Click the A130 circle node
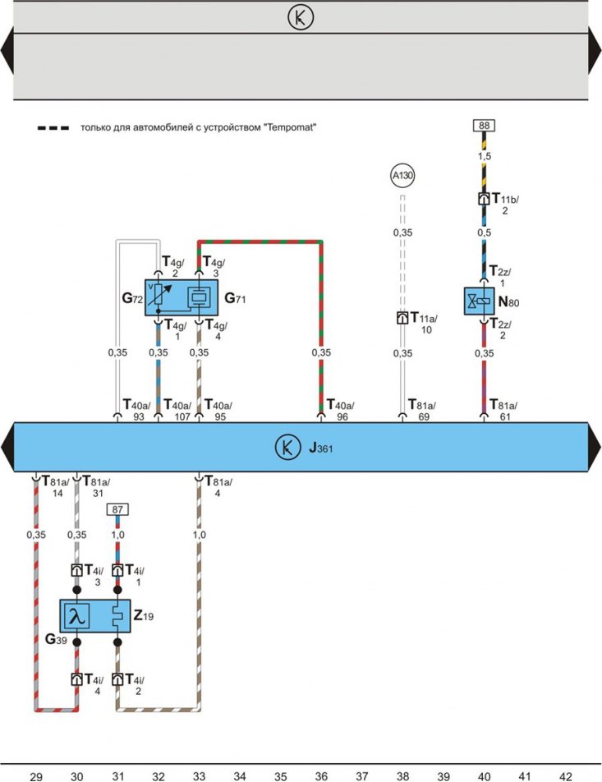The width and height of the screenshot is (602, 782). tap(402, 176)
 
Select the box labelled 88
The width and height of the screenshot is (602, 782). tap(484, 125)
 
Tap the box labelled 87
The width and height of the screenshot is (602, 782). tap(117, 509)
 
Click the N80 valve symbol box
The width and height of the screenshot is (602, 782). tap(480, 301)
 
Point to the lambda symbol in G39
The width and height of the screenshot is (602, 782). tap(77, 616)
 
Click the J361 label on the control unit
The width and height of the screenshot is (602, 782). tap(320, 448)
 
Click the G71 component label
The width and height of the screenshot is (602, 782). tap(235, 298)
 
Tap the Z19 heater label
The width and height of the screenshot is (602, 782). tap(144, 616)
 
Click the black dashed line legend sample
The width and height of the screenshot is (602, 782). tap(53, 128)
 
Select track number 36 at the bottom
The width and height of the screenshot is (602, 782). tap(321, 776)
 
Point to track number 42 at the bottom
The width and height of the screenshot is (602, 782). tap(566, 776)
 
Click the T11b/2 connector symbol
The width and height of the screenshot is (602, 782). tap(484, 199)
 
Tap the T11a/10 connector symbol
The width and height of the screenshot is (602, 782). tap(402, 318)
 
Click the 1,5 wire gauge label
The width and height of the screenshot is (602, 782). tap(485, 156)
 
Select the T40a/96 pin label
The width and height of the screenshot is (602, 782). tap(341, 410)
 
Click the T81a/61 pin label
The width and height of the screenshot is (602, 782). tap(503, 410)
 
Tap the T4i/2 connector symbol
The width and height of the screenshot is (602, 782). tap(117, 679)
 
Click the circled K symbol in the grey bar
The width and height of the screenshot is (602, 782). tap(301, 17)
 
